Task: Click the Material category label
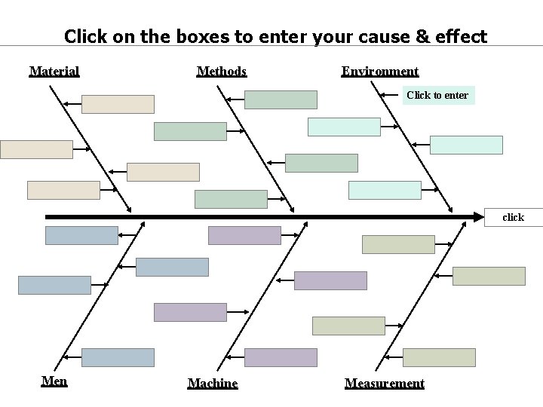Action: [x=54, y=72]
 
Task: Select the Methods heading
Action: [x=221, y=72]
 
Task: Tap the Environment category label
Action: [x=379, y=72]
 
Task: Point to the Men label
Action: [x=54, y=381]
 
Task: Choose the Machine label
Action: [x=212, y=384]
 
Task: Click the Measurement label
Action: [x=384, y=384]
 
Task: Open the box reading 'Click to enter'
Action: [x=437, y=95]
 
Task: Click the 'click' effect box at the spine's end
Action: [x=514, y=217]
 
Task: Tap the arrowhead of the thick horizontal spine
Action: [x=478, y=217]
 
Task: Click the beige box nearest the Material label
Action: [x=118, y=104]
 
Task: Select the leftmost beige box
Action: [x=36, y=149]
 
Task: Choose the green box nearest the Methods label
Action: [x=281, y=99]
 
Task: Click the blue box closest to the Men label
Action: [x=118, y=357]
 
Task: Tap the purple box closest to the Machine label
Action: [x=281, y=357]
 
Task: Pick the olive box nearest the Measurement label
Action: [x=439, y=357]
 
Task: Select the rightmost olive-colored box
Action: [x=489, y=276]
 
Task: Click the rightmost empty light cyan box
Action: [x=466, y=145]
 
